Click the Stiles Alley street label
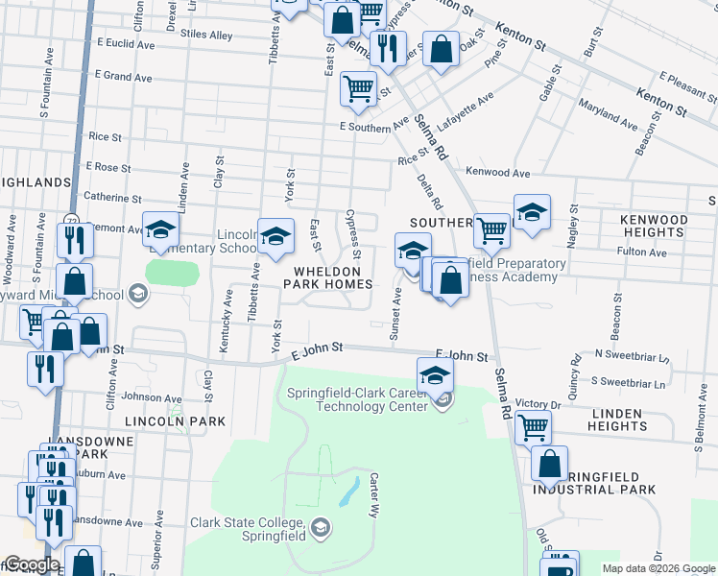tap(206, 36)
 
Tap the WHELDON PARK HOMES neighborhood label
tap(326, 276)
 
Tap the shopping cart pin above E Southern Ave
tap(358, 88)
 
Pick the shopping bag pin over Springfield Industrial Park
tap(550, 464)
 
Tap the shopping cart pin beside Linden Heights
tap(533, 426)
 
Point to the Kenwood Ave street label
tap(498, 174)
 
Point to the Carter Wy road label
tap(373, 493)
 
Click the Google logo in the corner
tap(32, 564)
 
